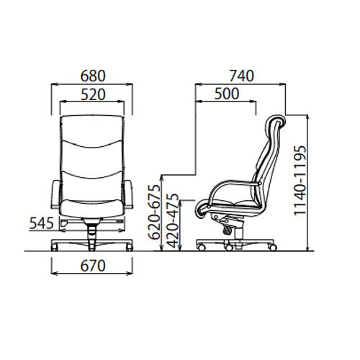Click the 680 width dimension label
point(93,76)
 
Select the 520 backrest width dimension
point(93,94)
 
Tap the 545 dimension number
point(41,223)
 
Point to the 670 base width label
point(93,266)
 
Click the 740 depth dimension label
point(241,76)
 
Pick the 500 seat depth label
point(227,94)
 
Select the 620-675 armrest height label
point(154,212)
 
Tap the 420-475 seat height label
point(174,221)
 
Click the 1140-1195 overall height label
point(300,180)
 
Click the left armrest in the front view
point(56,194)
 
